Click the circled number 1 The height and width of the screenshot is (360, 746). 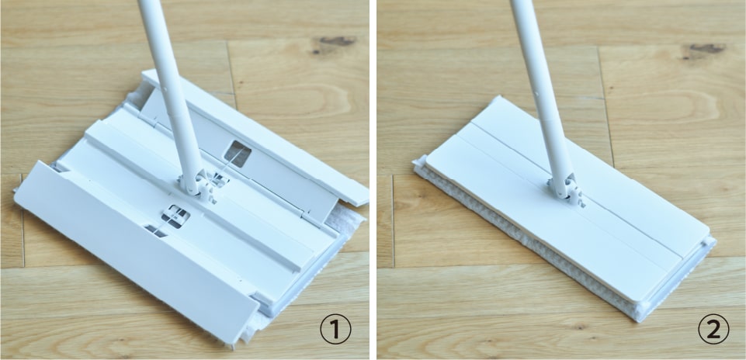[335, 329]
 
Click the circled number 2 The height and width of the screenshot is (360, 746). [713, 329]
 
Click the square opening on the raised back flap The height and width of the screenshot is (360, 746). [238, 154]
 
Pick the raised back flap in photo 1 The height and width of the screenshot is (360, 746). [252, 143]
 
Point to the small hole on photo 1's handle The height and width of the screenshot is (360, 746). [162, 87]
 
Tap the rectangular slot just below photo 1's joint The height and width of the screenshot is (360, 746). [175, 216]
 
